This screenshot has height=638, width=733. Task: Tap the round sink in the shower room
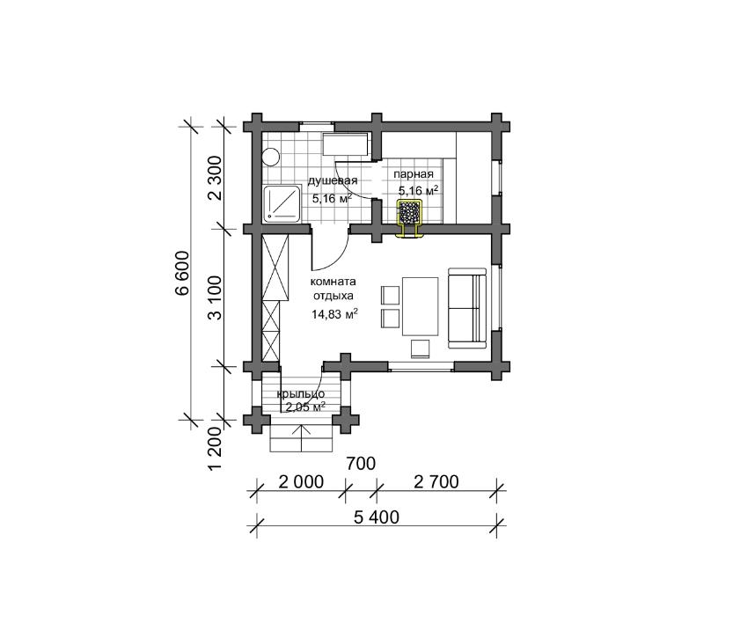point(271,157)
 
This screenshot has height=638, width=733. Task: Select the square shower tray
point(282,203)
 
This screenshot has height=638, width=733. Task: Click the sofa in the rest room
point(467,308)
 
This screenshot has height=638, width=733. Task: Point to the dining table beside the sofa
point(421,306)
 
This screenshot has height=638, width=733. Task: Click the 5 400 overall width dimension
point(377,517)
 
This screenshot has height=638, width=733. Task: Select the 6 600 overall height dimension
point(182,273)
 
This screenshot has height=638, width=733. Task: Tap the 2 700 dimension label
point(436,481)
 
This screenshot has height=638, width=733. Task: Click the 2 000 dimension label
point(301,481)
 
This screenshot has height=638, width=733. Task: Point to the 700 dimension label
point(361,464)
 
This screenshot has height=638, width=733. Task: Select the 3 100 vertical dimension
point(215,297)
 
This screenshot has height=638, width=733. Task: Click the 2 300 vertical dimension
point(215,178)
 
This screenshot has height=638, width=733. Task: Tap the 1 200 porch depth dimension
point(215,448)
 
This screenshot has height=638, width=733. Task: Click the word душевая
point(333,181)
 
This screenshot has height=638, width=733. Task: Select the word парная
point(414,174)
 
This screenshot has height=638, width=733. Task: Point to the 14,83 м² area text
point(334,314)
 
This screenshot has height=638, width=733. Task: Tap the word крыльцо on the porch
point(301,394)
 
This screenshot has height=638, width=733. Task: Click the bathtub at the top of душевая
point(346,144)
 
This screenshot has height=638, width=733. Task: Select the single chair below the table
point(421,348)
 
